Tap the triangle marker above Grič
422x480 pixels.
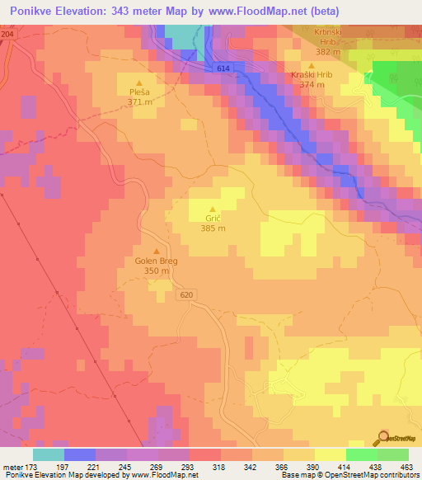pos(213,209)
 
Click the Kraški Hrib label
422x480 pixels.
pos(312,75)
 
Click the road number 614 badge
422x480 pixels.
pos(223,68)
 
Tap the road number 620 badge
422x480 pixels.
pos(185,294)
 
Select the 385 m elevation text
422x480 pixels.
pos(213,228)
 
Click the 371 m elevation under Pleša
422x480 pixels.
pos(138,103)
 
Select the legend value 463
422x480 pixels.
pos(407,466)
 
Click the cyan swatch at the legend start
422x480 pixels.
pos(48,454)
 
